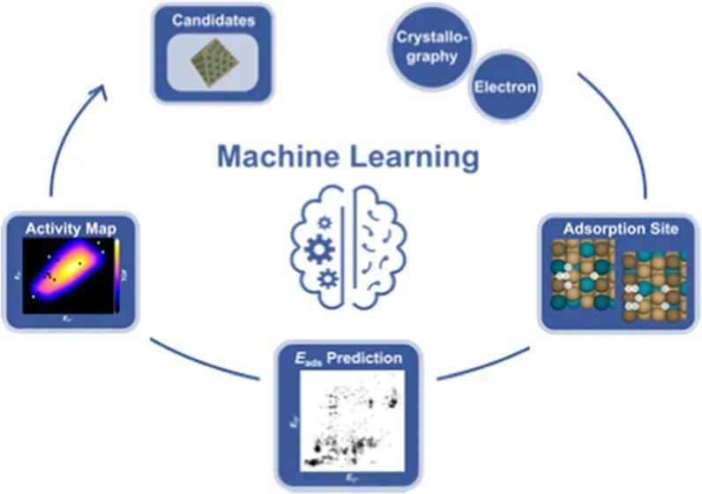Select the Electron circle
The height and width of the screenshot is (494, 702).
click(x=504, y=87)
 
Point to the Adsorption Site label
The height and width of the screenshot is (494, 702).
click(x=620, y=229)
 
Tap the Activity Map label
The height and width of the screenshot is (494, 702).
click(x=72, y=228)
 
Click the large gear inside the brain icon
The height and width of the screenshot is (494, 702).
click(x=321, y=251)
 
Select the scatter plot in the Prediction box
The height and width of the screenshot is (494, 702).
click(x=351, y=418)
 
